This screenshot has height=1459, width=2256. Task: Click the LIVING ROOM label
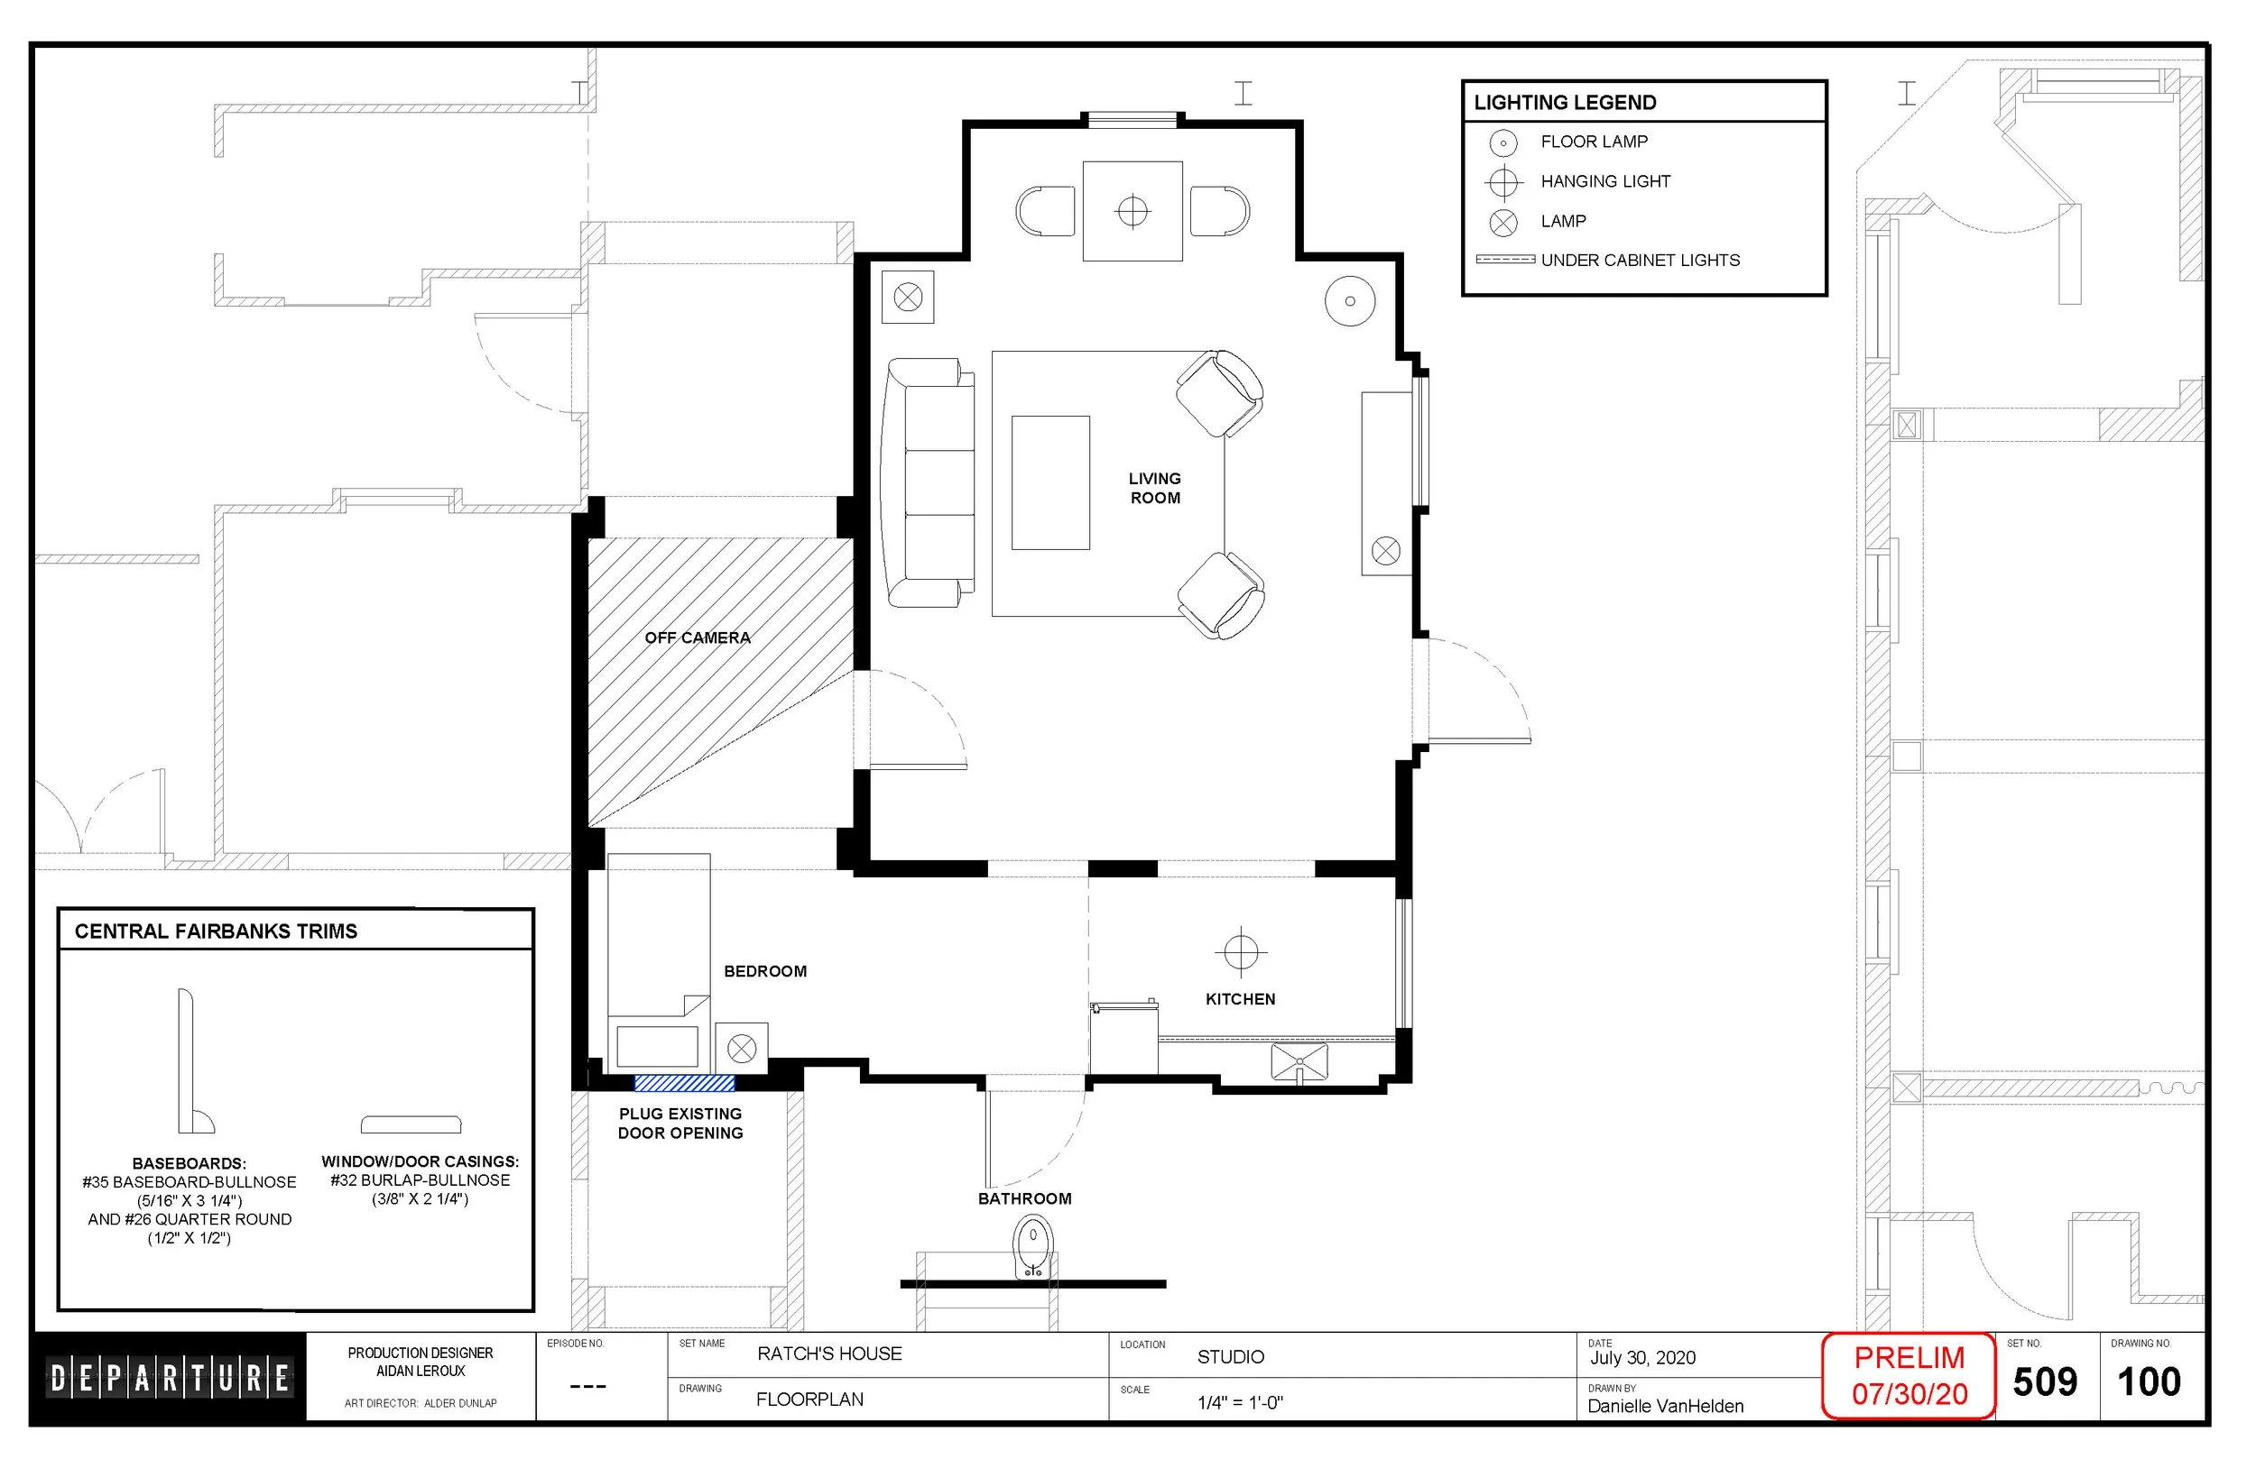coord(1154,488)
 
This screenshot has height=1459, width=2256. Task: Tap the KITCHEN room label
coord(1240,999)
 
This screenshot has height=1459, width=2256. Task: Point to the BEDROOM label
coord(765,971)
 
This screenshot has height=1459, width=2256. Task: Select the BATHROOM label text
coord(1025,1198)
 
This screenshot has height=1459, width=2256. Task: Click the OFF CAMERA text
coord(698,638)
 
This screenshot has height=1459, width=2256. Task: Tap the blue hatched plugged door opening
coord(684,1084)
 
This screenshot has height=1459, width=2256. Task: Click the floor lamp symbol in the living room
coord(1350,301)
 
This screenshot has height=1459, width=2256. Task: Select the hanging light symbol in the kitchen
coord(1241,952)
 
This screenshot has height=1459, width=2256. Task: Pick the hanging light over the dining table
coord(1133,210)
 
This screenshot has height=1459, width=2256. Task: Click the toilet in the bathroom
coord(1033,1248)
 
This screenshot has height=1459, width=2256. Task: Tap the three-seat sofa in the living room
coord(928,482)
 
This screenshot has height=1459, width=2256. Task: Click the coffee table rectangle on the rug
coord(1050,482)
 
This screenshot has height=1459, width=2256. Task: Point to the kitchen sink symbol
coord(1299,1062)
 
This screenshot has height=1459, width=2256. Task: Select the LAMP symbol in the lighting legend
coord(1503,223)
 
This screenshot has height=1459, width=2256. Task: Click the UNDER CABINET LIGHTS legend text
coord(1640,261)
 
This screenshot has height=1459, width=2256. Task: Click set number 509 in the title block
coord(2045,1382)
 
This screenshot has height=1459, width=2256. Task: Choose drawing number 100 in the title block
coord(2149,1382)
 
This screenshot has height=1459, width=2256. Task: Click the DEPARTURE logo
coord(170,1378)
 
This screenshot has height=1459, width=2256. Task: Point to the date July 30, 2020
coord(1642,1358)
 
